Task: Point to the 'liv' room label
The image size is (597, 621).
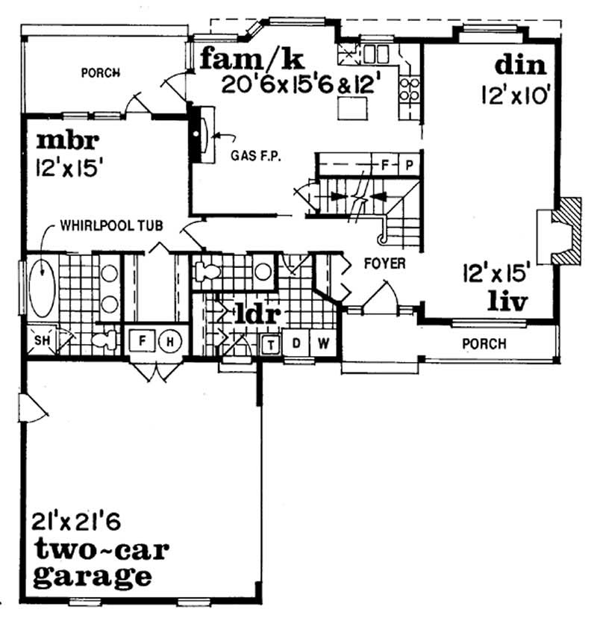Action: click(x=507, y=302)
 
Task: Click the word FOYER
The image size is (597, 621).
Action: click(x=384, y=263)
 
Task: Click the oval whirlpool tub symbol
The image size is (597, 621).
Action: click(x=42, y=287)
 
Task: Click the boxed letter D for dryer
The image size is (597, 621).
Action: click(x=296, y=343)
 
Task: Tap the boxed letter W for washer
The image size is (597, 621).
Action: click(x=322, y=343)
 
